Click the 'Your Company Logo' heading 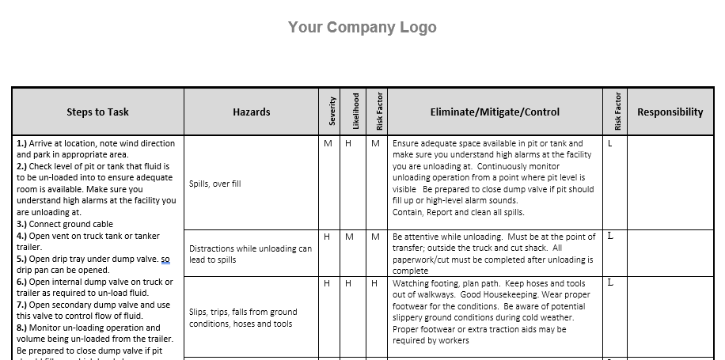pyautogui.click(x=362, y=28)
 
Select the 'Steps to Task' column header pyautogui.click(x=98, y=112)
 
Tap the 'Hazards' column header pyautogui.click(x=251, y=112)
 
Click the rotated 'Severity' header pyautogui.click(x=332, y=112)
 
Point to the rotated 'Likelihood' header pyautogui.click(x=355, y=112)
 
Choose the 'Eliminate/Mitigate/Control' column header pyautogui.click(x=495, y=112)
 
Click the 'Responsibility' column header pyautogui.click(x=670, y=112)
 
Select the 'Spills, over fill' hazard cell pyautogui.click(x=215, y=184)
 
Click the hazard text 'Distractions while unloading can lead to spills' pyautogui.click(x=250, y=254)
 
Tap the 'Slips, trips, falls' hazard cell pyautogui.click(x=243, y=318)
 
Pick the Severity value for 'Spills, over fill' pyautogui.click(x=328, y=144)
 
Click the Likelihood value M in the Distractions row pyautogui.click(x=350, y=237)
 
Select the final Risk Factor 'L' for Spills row pyautogui.click(x=610, y=144)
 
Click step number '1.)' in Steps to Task pyautogui.click(x=21, y=144)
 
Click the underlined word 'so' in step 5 pyautogui.click(x=165, y=259)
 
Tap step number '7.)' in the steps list pyautogui.click(x=21, y=305)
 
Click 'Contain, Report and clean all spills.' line pyautogui.click(x=458, y=213)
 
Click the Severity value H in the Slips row pyautogui.click(x=327, y=283)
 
